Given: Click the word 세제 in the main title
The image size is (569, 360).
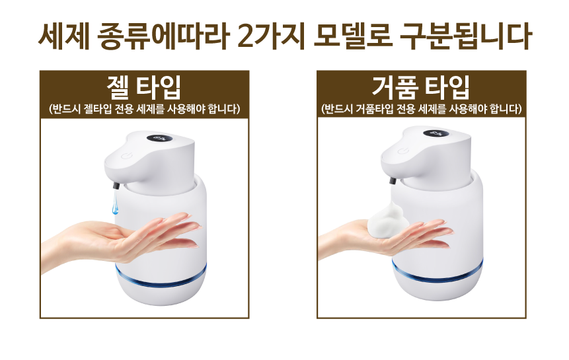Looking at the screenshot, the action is pyautogui.click(x=64, y=36).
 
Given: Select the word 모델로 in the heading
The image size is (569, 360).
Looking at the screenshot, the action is pyautogui.click(x=353, y=36).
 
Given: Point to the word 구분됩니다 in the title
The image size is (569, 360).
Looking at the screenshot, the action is pyautogui.click(x=466, y=36).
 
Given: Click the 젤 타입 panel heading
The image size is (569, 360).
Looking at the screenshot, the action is pyautogui.click(x=144, y=87).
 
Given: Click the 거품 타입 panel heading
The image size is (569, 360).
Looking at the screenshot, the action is pyautogui.click(x=421, y=87).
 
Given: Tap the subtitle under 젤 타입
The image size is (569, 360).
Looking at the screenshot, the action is pyautogui.click(x=145, y=109).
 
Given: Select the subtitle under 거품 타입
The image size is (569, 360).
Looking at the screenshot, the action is pyautogui.click(x=422, y=109).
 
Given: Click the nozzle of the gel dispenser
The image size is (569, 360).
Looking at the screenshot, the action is pyautogui.click(x=116, y=186).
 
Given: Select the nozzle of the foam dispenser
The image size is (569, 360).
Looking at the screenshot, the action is pyautogui.click(x=393, y=180).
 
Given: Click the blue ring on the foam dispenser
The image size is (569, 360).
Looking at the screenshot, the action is pyautogui.click(x=437, y=275).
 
